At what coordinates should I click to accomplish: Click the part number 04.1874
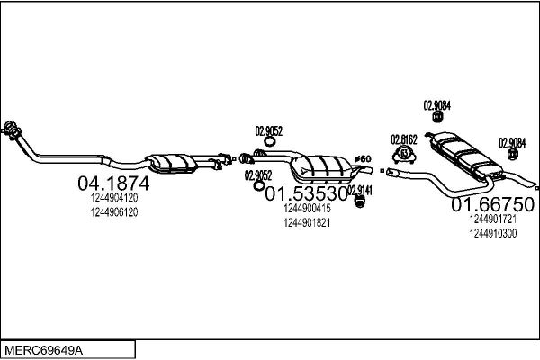point(113,184)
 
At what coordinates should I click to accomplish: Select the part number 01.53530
point(306,194)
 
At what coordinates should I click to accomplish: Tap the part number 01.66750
point(493,204)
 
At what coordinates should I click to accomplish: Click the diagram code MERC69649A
point(44,350)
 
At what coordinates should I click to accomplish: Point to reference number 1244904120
point(114,198)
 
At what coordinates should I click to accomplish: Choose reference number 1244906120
point(114,212)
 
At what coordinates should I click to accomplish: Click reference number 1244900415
point(307,208)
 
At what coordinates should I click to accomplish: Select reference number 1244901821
point(307,223)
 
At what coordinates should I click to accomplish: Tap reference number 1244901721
point(493,219)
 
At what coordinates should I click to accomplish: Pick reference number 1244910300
point(493,234)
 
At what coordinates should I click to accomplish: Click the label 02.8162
point(403,139)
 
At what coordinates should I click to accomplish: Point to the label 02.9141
point(360,191)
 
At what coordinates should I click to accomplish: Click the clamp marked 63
point(404,154)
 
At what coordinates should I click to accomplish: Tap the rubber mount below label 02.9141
point(359,202)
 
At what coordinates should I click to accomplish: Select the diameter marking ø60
point(363,158)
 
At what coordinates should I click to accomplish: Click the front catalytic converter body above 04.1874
point(171,163)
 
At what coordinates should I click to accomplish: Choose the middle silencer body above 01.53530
point(320,169)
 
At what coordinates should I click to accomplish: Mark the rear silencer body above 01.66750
point(465,155)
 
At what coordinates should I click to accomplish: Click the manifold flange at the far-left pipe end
point(12,130)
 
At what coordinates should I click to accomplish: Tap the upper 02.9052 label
point(268,131)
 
